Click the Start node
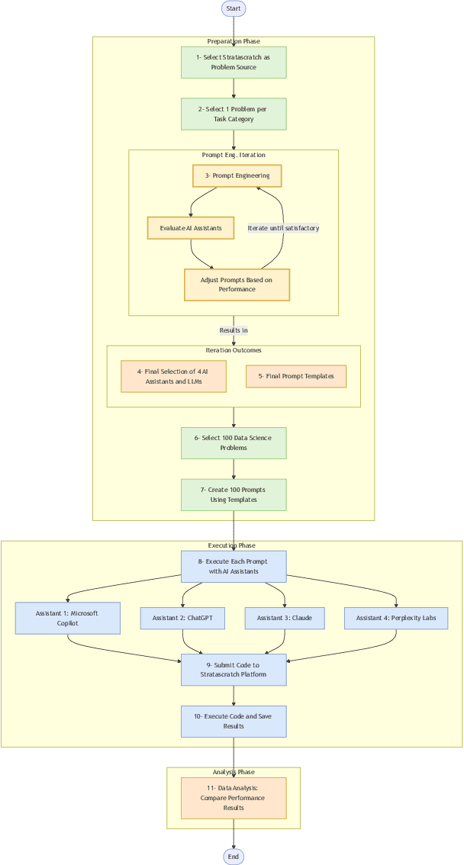click(234, 8)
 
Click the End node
click(234, 857)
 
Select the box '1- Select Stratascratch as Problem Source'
click(234, 62)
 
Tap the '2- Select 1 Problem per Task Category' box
click(234, 114)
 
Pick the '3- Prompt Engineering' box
click(237, 175)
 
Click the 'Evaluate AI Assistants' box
click(191, 228)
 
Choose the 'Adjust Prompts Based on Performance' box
click(237, 285)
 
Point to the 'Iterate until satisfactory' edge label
click(283, 228)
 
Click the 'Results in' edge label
click(234, 330)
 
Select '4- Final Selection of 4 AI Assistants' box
click(173, 376)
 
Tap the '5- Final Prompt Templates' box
click(295, 376)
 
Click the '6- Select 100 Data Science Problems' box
click(234, 443)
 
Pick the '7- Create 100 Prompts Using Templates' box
click(234, 494)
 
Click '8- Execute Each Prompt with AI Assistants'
click(234, 566)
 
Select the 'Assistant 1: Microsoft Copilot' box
click(68, 618)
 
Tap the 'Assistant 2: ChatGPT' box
click(182, 618)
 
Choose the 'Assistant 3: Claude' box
click(285, 618)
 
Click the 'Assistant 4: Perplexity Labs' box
click(396, 618)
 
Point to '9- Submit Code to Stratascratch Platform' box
click(234, 670)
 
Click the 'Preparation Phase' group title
click(234, 41)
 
